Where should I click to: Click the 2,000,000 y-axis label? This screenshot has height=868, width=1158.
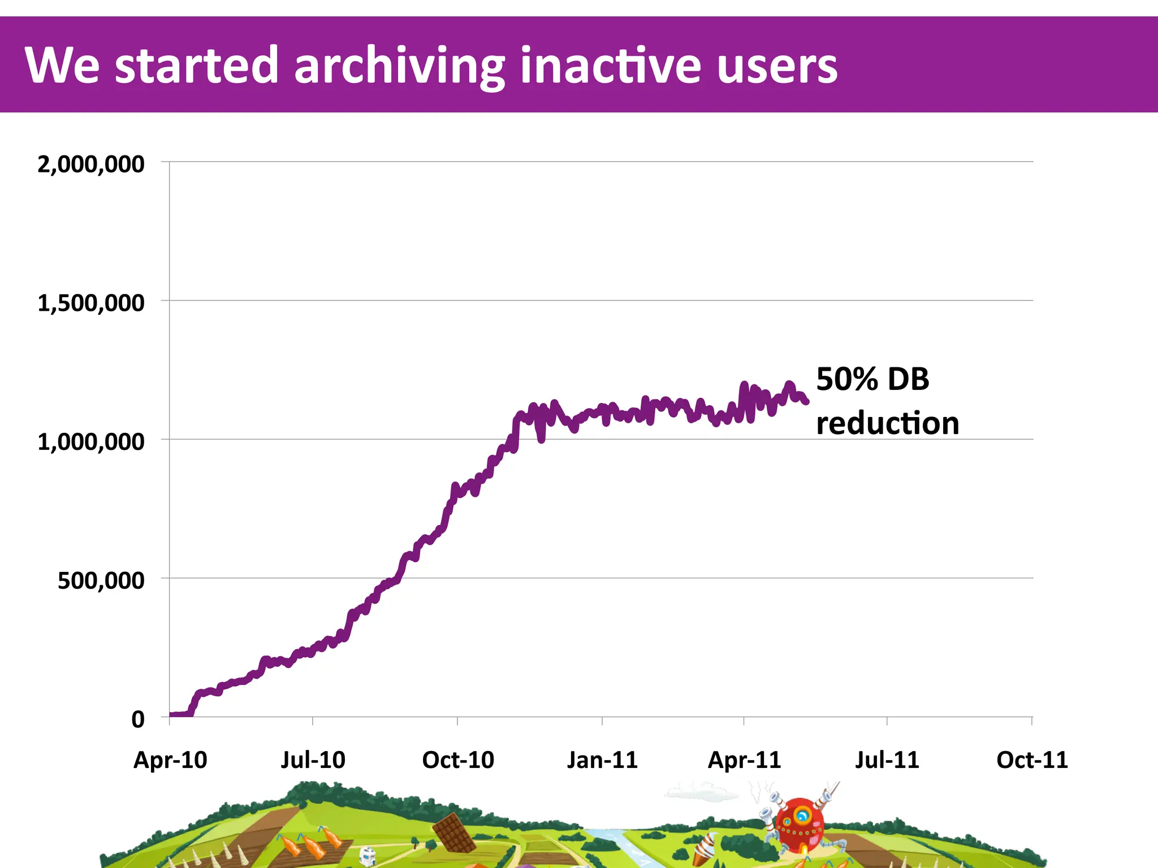tap(90, 164)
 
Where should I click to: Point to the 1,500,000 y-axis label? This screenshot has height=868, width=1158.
tap(90, 303)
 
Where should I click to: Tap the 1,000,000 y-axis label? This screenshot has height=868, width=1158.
tap(90, 442)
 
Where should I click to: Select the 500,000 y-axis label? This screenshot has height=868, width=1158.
tap(101, 581)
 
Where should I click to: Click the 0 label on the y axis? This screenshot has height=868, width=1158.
tap(138, 720)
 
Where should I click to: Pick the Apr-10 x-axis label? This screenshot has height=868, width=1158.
tap(170, 760)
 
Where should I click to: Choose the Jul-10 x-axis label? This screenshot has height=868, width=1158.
tap(313, 760)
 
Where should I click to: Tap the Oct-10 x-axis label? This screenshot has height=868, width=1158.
tap(458, 760)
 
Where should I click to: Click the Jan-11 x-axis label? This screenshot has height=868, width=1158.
tap(602, 760)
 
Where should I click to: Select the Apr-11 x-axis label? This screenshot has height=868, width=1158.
tap(744, 760)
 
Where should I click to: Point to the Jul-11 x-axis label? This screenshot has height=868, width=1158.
tap(887, 760)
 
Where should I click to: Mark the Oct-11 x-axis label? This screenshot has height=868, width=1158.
tap(1032, 760)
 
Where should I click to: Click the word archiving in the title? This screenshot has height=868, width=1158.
tap(399, 66)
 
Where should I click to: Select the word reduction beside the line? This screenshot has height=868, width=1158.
tap(888, 423)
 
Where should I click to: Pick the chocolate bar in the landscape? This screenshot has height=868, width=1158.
tap(454, 833)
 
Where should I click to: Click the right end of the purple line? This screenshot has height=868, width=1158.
tap(806, 401)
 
